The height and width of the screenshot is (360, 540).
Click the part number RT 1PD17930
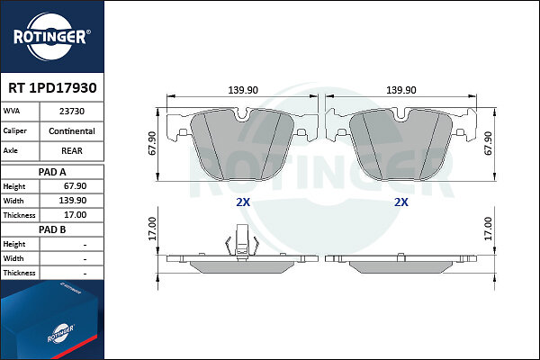(52, 88)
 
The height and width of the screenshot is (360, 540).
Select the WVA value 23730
(72, 112)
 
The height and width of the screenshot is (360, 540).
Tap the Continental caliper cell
(72, 131)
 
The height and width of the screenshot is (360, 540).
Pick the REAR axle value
(72, 151)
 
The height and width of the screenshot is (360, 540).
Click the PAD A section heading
(52, 172)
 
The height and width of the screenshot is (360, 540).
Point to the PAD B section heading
(52, 229)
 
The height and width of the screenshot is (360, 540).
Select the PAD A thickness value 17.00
(75, 215)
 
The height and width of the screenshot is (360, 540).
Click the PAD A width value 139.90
(73, 201)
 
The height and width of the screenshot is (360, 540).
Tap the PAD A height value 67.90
(75, 186)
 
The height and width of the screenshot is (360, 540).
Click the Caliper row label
(14, 130)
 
